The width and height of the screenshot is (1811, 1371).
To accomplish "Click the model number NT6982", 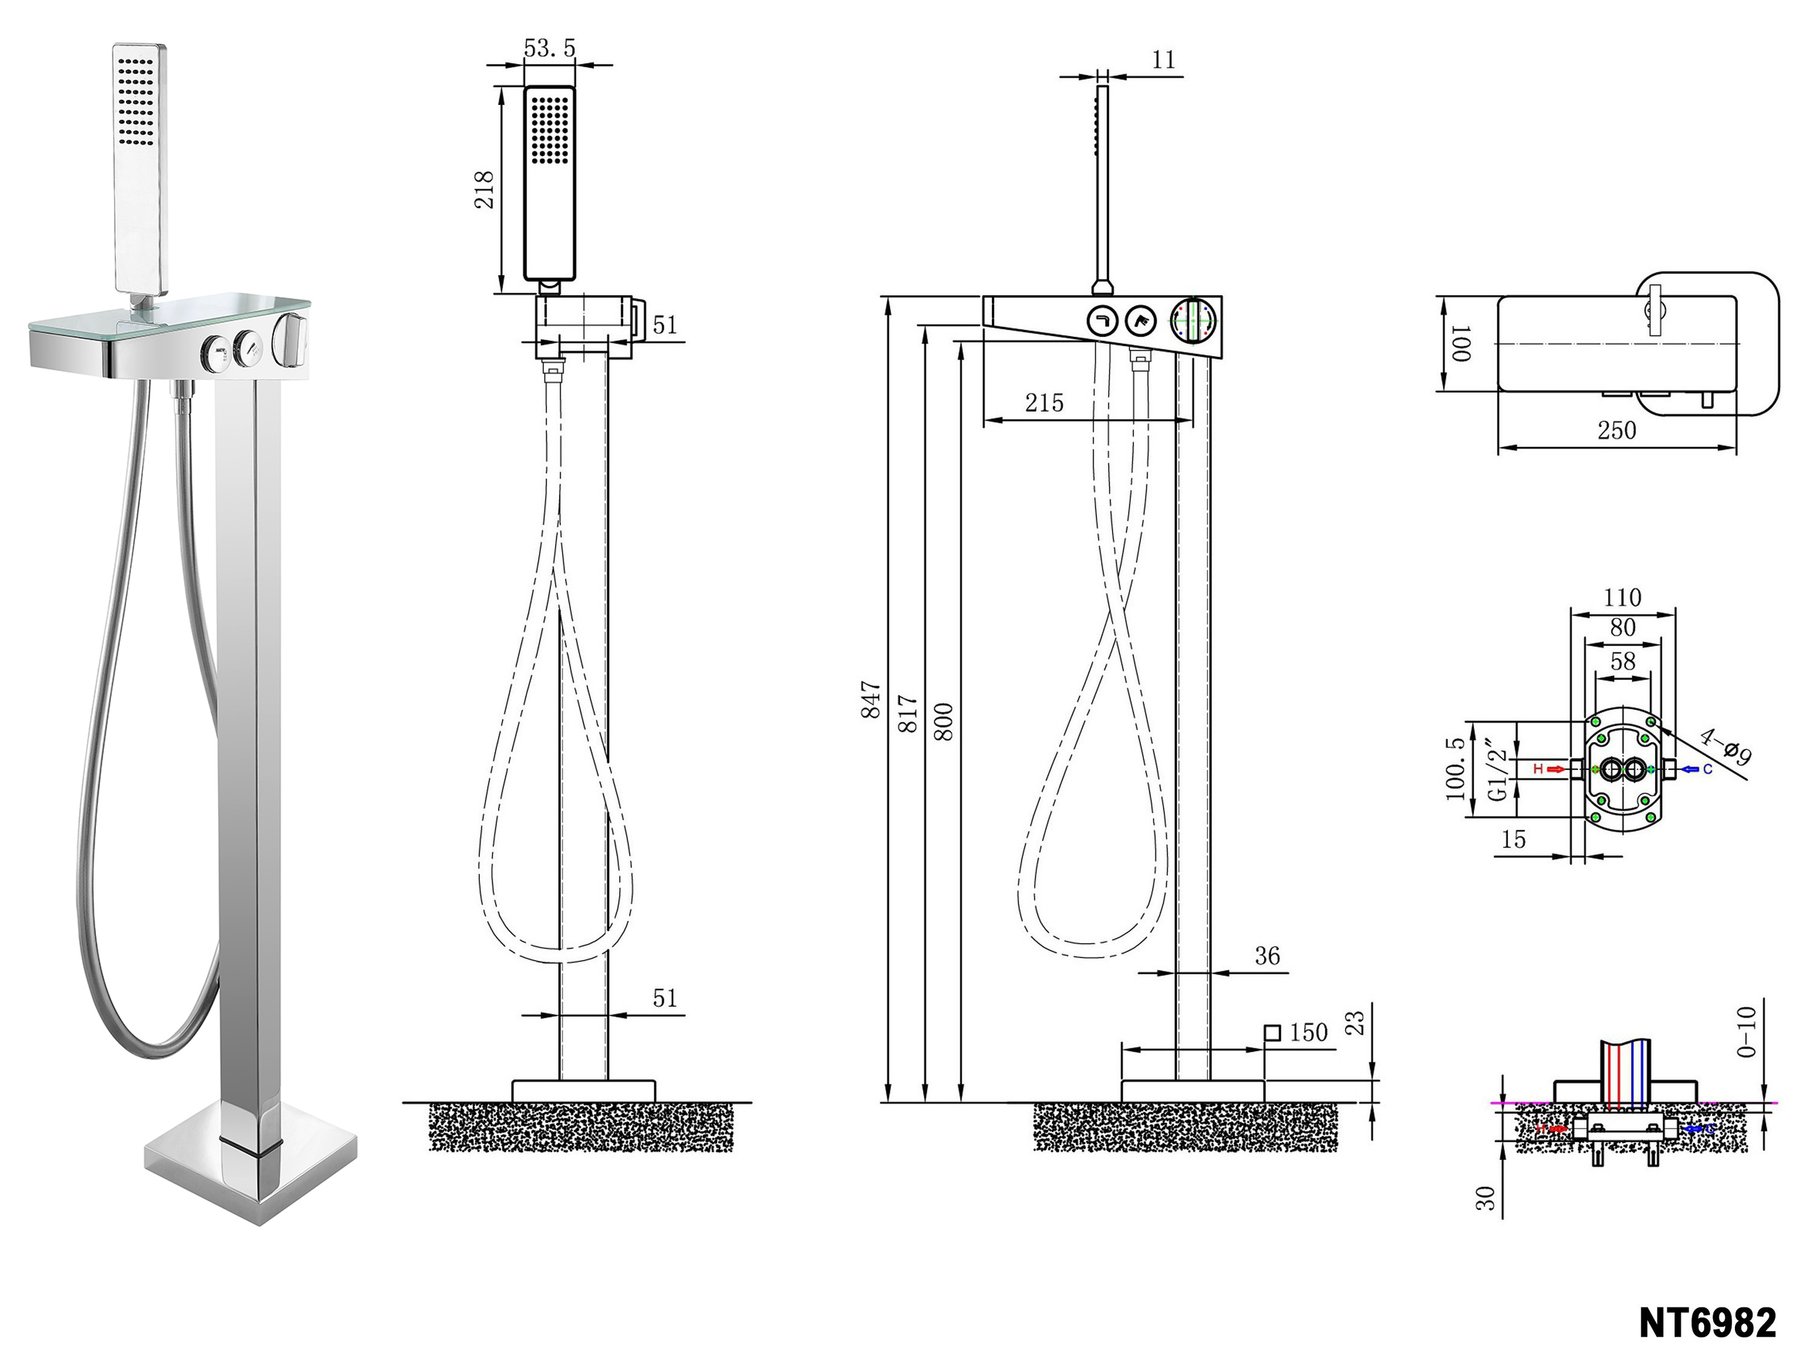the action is point(1707,1322).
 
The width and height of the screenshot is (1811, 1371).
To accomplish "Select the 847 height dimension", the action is point(871,700).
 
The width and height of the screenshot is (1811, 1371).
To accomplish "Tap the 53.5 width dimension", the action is point(549,48).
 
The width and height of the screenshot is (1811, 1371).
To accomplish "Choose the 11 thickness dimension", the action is point(1163,60).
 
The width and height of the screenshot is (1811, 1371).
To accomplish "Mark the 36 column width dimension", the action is point(1266,955).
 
